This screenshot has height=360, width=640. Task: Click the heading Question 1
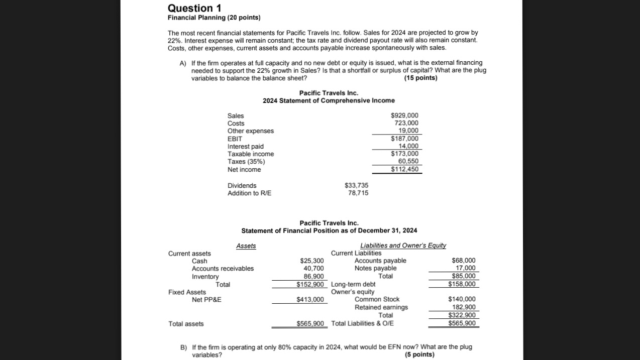(194, 8)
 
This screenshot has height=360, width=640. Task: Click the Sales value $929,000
(404, 115)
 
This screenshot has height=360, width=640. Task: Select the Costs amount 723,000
(406, 123)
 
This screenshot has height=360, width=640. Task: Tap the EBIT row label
(235, 139)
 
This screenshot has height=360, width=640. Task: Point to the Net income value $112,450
(404, 169)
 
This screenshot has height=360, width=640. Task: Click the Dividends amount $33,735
(356, 185)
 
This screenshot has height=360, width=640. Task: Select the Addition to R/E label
(249, 193)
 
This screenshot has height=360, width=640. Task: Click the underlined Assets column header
(246, 246)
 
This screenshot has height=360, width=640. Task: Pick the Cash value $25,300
(312, 261)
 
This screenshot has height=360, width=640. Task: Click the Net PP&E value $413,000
(310, 300)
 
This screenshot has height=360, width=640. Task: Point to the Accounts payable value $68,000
(463, 260)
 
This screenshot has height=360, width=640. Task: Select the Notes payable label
(375, 268)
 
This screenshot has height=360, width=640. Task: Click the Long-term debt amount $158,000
(462, 284)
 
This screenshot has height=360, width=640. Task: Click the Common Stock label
(377, 299)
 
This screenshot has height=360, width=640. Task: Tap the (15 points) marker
(420, 78)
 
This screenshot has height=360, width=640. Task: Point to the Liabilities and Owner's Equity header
(403, 246)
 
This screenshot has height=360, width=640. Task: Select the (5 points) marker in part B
(419, 354)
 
